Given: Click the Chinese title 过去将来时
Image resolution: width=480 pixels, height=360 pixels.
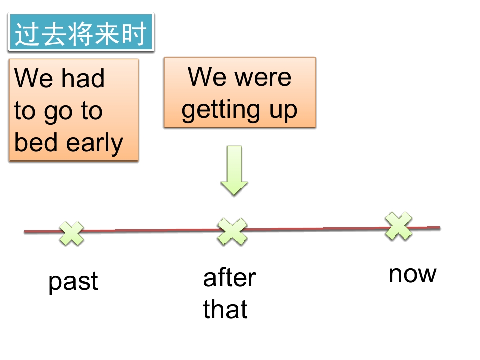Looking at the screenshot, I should click(x=81, y=34).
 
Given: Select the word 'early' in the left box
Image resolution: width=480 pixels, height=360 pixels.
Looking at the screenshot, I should click(x=95, y=144).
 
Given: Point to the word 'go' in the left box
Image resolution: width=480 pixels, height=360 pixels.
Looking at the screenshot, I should click(x=58, y=113).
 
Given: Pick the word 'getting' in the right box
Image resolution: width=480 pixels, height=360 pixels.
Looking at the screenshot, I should click(x=219, y=111).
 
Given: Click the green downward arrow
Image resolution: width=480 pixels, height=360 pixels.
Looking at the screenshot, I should click(x=234, y=170).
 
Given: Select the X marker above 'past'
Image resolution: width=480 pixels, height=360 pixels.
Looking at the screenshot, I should click(x=72, y=234).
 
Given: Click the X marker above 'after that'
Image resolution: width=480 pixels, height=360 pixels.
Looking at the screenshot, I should click(x=232, y=231).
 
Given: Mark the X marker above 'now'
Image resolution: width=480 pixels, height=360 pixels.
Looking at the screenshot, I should click(x=399, y=226).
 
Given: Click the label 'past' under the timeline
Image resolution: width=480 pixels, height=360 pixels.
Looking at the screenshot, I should click(x=73, y=282).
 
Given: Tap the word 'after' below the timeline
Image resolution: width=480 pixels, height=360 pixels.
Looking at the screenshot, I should click(x=229, y=278).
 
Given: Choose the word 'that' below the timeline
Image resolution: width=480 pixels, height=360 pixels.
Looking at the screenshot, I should click(x=225, y=309).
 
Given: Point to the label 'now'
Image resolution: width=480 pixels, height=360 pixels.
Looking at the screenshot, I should click(x=413, y=274).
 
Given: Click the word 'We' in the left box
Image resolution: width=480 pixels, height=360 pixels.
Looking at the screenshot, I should click(x=33, y=79).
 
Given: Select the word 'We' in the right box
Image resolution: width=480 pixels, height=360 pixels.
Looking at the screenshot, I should click(x=205, y=77).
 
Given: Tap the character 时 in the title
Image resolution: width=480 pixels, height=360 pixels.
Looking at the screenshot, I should click(x=136, y=34).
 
